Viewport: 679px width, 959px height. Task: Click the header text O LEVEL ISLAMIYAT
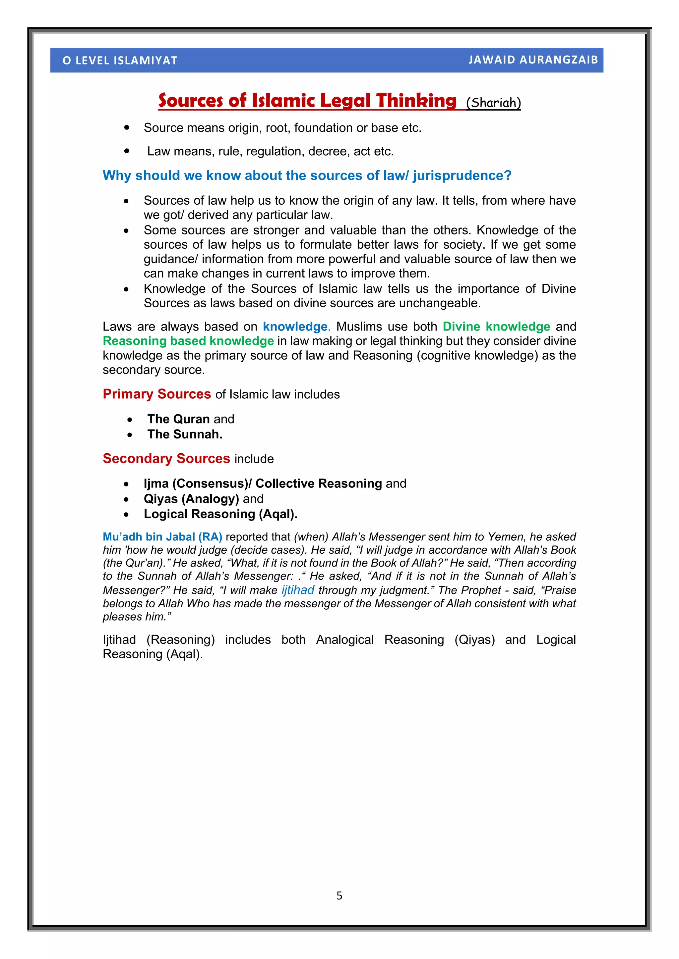point(120,61)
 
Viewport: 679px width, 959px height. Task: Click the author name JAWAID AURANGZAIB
point(533,60)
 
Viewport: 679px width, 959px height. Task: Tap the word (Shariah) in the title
point(493,103)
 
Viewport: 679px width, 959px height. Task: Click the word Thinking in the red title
point(416,101)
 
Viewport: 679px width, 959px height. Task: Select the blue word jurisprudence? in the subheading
point(462,176)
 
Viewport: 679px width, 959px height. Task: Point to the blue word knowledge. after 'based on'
point(296,327)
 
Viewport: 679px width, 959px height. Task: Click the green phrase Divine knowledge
point(496,327)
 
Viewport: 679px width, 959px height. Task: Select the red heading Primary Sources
point(157,394)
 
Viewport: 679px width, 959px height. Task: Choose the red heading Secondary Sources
point(166,459)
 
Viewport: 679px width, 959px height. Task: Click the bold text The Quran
point(178,419)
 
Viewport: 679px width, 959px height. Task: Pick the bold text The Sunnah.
point(184,434)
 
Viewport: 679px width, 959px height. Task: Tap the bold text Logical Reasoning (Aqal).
point(220,514)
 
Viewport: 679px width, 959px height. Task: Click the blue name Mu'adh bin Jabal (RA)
point(162,537)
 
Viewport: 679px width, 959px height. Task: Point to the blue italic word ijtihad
point(298,590)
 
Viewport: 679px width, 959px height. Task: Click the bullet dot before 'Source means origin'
point(127,128)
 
